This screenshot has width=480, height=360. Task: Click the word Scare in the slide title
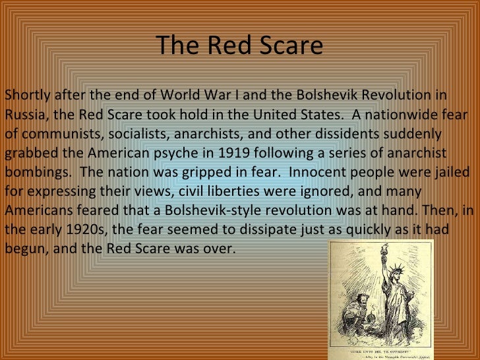(x=288, y=45)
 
